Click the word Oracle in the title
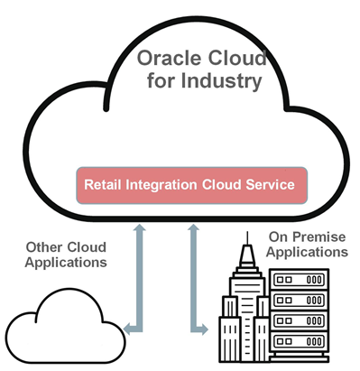point(166,60)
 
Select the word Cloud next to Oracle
point(235,60)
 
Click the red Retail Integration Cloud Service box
point(189,185)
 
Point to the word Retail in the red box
point(102,185)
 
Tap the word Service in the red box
point(271,185)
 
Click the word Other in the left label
point(44,247)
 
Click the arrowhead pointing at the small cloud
point(128,329)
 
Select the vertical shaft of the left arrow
point(139,280)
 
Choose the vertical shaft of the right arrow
point(190,280)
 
